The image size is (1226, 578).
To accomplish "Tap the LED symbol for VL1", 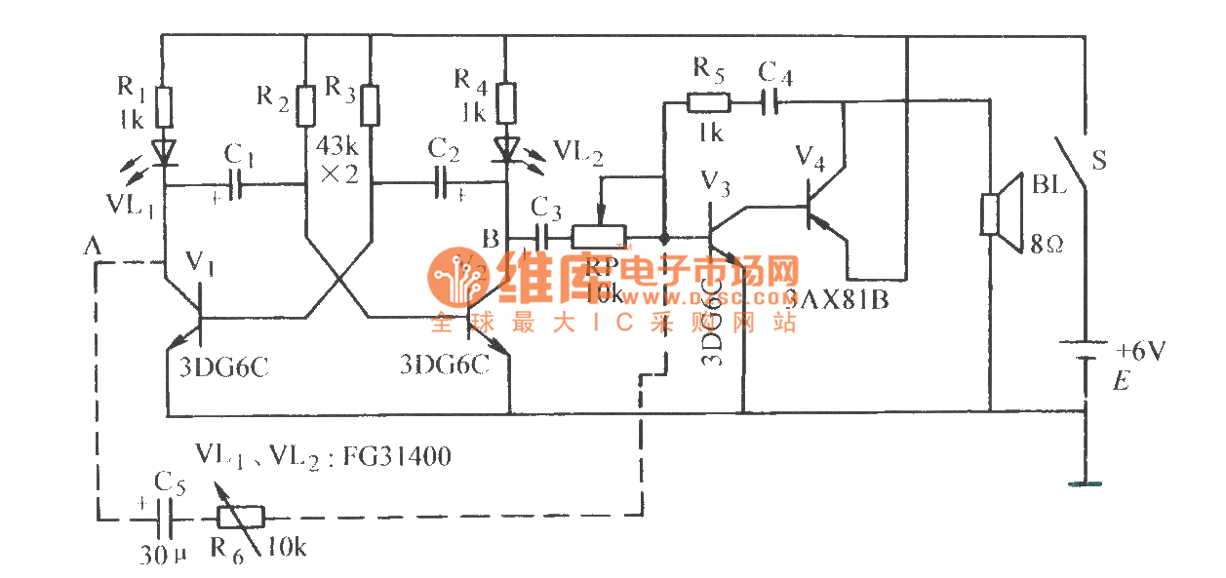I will [x=163, y=151].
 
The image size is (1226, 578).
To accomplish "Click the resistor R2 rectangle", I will [x=305, y=105].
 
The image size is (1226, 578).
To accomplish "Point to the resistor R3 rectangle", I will [x=371, y=105].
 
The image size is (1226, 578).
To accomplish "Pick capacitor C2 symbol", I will [x=442, y=182].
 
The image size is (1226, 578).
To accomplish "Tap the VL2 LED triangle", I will [x=505, y=149].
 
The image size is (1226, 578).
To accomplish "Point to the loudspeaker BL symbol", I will [x=994, y=214].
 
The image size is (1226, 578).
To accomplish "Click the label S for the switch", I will [x=1098, y=159].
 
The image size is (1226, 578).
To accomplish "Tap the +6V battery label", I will [x=1140, y=351].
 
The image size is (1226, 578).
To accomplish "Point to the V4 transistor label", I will [x=810, y=155].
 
